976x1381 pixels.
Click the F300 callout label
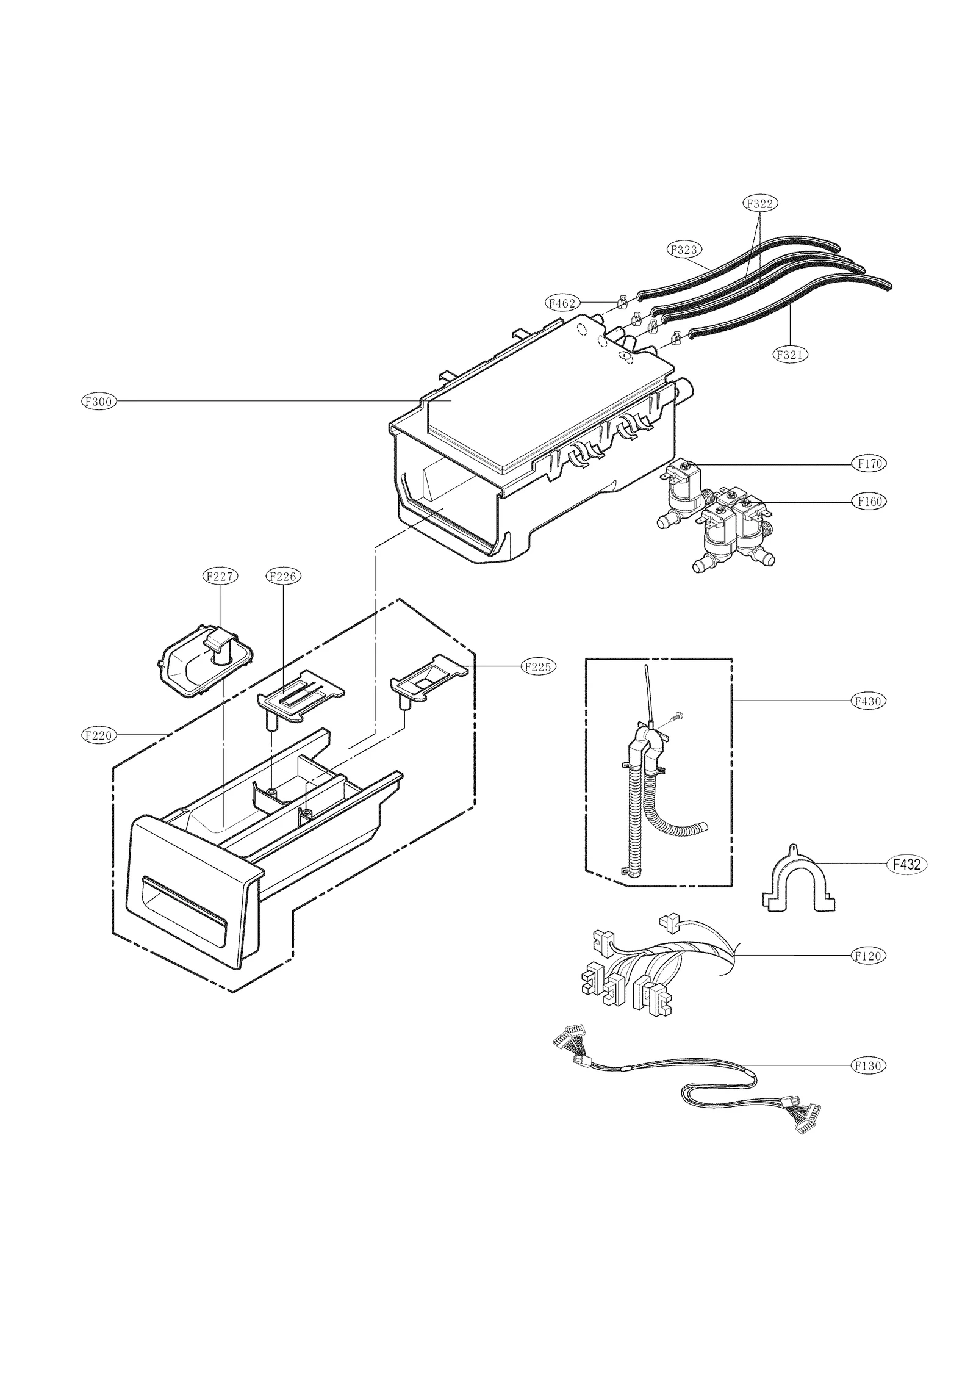click(99, 402)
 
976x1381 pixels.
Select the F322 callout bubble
click(761, 203)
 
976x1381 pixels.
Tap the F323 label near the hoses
click(683, 249)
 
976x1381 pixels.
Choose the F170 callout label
click(869, 464)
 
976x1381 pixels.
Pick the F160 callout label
click(869, 502)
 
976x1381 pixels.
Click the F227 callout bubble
click(220, 576)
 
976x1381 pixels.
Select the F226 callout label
click(284, 576)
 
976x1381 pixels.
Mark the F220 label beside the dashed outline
click(99, 735)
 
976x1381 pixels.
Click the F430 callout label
click(869, 701)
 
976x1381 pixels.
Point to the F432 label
click(906, 864)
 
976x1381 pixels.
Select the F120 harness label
click(869, 956)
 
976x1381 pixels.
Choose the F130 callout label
click(869, 1065)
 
